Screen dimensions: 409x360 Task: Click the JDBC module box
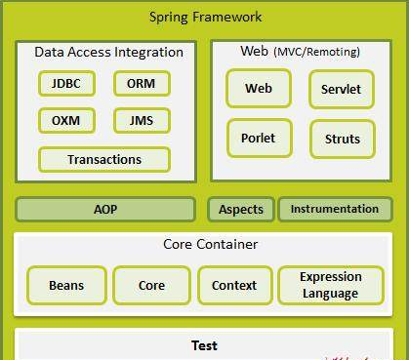(66, 84)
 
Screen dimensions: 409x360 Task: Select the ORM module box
(142, 84)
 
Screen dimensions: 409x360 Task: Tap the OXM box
(66, 121)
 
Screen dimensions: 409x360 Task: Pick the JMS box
(142, 121)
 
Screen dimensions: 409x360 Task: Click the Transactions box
(104, 160)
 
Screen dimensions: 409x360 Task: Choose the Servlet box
(342, 89)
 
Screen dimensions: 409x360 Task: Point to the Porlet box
(260, 139)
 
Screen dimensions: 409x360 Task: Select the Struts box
(343, 140)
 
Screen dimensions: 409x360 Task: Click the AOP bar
(105, 209)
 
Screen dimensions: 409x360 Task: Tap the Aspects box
(241, 209)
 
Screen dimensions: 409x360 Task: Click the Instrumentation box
(336, 209)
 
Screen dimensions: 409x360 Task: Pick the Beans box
(66, 285)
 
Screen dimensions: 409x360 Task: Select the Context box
(235, 285)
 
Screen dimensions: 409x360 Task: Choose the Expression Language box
(331, 285)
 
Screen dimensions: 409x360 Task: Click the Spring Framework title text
(206, 17)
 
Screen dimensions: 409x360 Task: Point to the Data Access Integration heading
(109, 52)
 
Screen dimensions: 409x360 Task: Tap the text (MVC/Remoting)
(317, 52)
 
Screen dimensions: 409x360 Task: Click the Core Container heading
(211, 244)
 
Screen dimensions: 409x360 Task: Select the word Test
(204, 345)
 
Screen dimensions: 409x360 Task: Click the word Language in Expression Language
(331, 294)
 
